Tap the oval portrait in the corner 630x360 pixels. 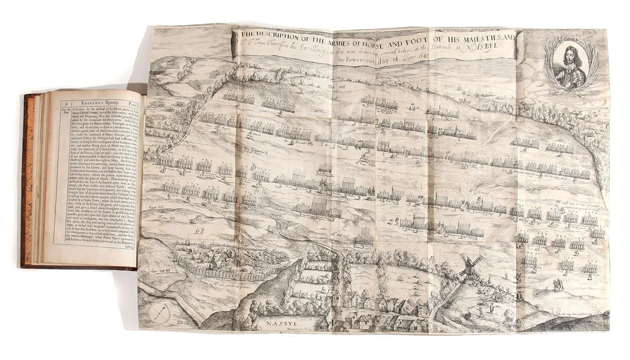[572, 65]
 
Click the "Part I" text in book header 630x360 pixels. [135, 98]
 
